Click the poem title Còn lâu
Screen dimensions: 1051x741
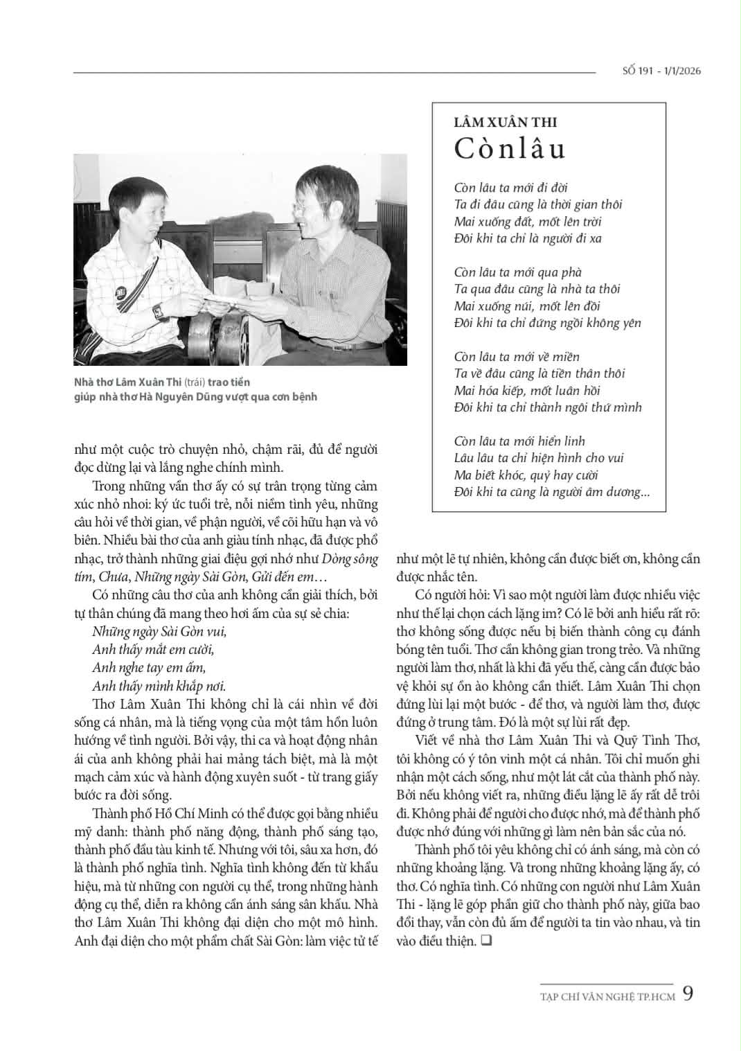pos(510,149)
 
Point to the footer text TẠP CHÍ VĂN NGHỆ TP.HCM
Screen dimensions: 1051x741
pos(607,997)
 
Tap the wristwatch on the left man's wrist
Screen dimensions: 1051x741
pos(159,311)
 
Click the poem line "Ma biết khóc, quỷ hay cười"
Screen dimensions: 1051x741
pos(526,475)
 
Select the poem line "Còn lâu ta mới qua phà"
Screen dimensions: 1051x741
pos(517,272)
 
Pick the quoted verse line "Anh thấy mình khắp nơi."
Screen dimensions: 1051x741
pos(159,687)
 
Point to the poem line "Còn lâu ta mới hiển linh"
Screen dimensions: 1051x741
pos(519,441)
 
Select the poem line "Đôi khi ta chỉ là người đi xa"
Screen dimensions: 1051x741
pos(528,238)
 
